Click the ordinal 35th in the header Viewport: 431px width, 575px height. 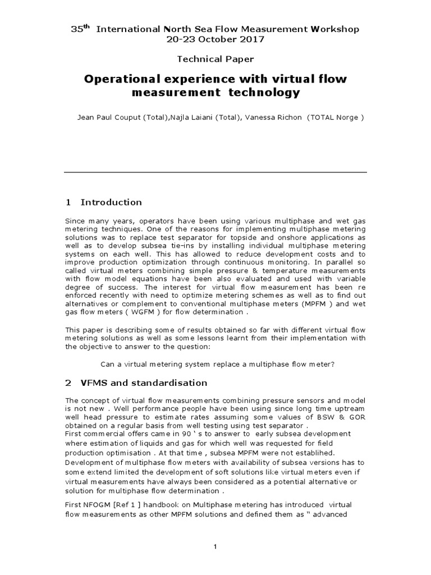79,29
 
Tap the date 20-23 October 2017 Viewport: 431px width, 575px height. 215,40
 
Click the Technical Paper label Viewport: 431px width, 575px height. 215,59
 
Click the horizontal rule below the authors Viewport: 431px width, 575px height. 215,172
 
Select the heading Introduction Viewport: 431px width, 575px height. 111,202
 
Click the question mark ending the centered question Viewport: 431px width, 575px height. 333,364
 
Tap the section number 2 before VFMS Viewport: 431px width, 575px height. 68,383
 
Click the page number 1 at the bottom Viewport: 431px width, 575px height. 215,547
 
